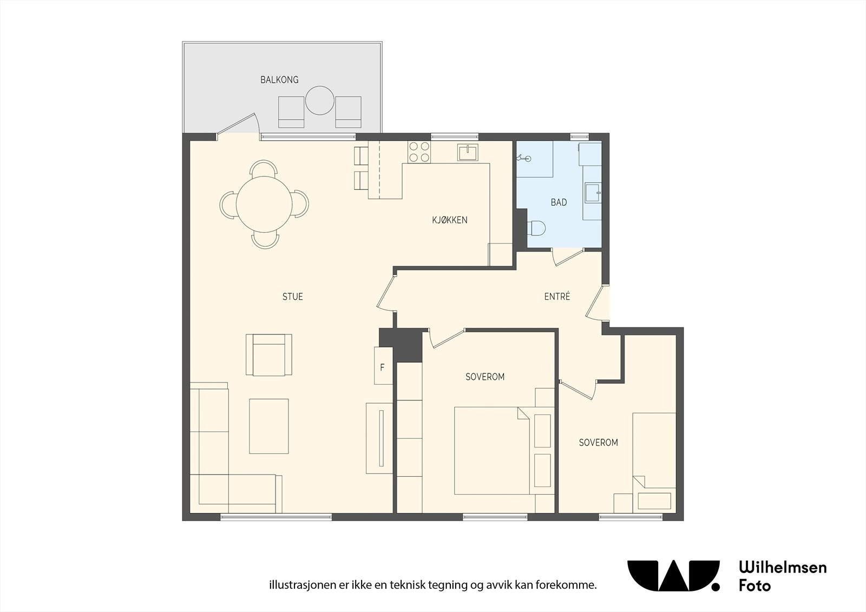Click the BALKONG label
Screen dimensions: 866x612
279,80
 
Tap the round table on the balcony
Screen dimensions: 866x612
320,101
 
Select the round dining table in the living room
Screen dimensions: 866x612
264,204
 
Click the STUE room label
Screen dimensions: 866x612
293,297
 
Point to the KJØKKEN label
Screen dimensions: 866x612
450,220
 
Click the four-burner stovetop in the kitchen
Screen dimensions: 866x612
419,152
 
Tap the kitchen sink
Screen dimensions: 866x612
468,152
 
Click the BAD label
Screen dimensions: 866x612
559,202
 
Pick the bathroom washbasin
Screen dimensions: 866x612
592,193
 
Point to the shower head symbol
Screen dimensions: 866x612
524,158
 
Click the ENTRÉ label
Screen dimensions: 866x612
557,297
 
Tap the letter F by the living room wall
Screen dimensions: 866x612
382,367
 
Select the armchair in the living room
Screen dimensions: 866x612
269,355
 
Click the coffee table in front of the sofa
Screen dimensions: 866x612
268,426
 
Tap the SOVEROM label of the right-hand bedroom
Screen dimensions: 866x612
598,443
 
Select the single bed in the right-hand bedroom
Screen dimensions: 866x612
654,463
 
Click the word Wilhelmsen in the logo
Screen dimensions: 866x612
783,567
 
